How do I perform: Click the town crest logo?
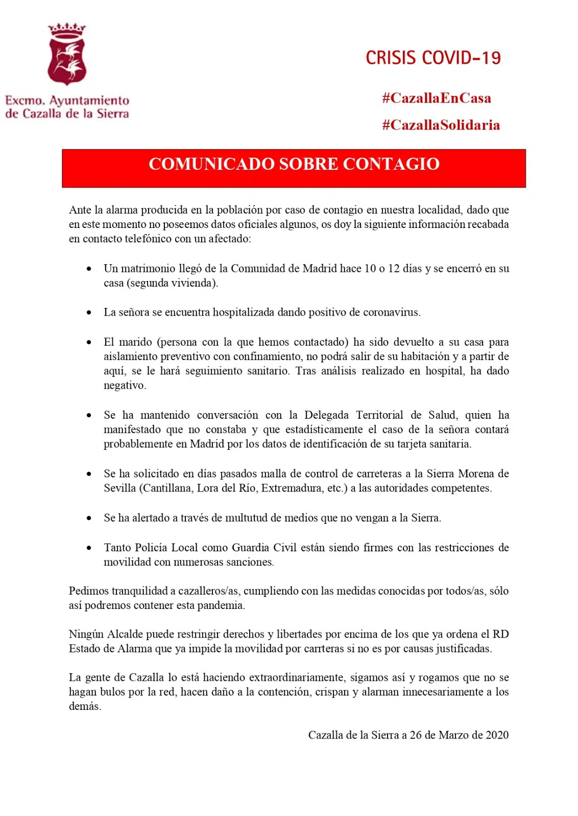[x=66, y=54]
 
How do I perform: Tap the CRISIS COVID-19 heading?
[x=433, y=58]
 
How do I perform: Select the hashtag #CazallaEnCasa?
[x=437, y=98]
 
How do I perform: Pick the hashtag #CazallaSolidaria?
[x=441, y=125]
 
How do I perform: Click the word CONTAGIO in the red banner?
[x=391, y=164]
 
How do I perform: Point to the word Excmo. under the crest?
[x=25, y=100]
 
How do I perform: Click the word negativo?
[x=124, y=386]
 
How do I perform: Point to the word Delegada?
[x=327, y=415]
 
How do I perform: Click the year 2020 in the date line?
[x=497, y=735]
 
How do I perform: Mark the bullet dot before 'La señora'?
[x=89, y=313]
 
